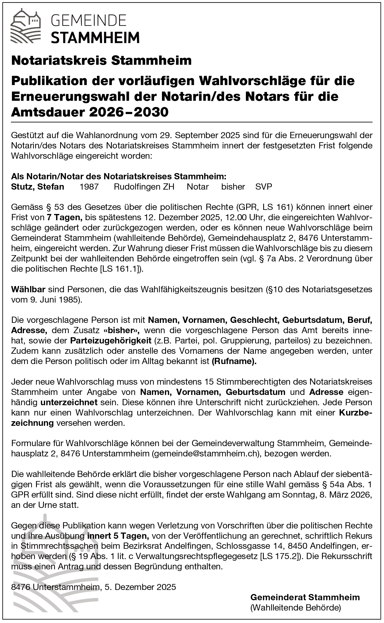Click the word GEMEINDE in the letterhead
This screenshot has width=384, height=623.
coord(89,20)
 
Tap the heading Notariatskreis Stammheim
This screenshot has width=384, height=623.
coord(101,61)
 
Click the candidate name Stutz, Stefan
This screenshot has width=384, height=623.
coord(38,187)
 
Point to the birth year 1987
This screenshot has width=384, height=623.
coord(89,187)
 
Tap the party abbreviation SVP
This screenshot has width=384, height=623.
coord(264,187)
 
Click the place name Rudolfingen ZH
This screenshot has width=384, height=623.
coord(144,187)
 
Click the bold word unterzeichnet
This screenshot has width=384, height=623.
coord(69,403)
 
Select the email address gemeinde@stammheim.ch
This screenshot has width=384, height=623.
coord(204,454)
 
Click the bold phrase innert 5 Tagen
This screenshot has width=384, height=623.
coord(118,536)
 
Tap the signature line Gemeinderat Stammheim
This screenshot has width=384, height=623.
coord(305,597)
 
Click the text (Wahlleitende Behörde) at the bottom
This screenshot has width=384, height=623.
coord(296,608)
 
